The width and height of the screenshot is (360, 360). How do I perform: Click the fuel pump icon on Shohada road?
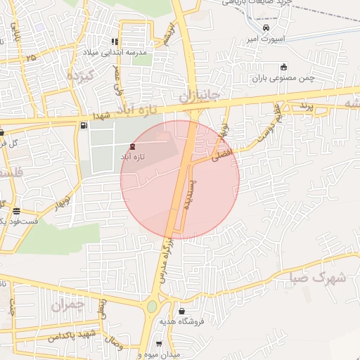click(x=84, y=125)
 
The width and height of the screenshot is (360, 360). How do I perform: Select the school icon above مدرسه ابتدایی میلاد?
click(x=115, y=41)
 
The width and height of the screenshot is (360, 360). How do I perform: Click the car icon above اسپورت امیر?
click(x=266, y=28)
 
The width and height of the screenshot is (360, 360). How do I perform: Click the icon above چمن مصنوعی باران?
click(x=283, y=67)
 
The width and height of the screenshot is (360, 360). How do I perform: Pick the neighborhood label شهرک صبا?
click(x=318, y=278)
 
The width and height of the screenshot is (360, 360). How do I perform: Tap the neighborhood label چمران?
click(x=67, y=305)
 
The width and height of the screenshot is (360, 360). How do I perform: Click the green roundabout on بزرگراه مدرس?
click(x=152, y=307)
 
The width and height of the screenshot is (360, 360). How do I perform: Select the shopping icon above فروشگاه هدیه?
click(x=182, y=311)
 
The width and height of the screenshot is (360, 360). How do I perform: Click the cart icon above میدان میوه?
click(x=159, y=345)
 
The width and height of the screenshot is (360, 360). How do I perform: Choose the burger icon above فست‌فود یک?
click(x=15, y=211)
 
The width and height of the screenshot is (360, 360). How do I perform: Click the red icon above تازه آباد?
click(x=134, y=146)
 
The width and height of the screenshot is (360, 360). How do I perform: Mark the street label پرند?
click(x=304, y=105)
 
